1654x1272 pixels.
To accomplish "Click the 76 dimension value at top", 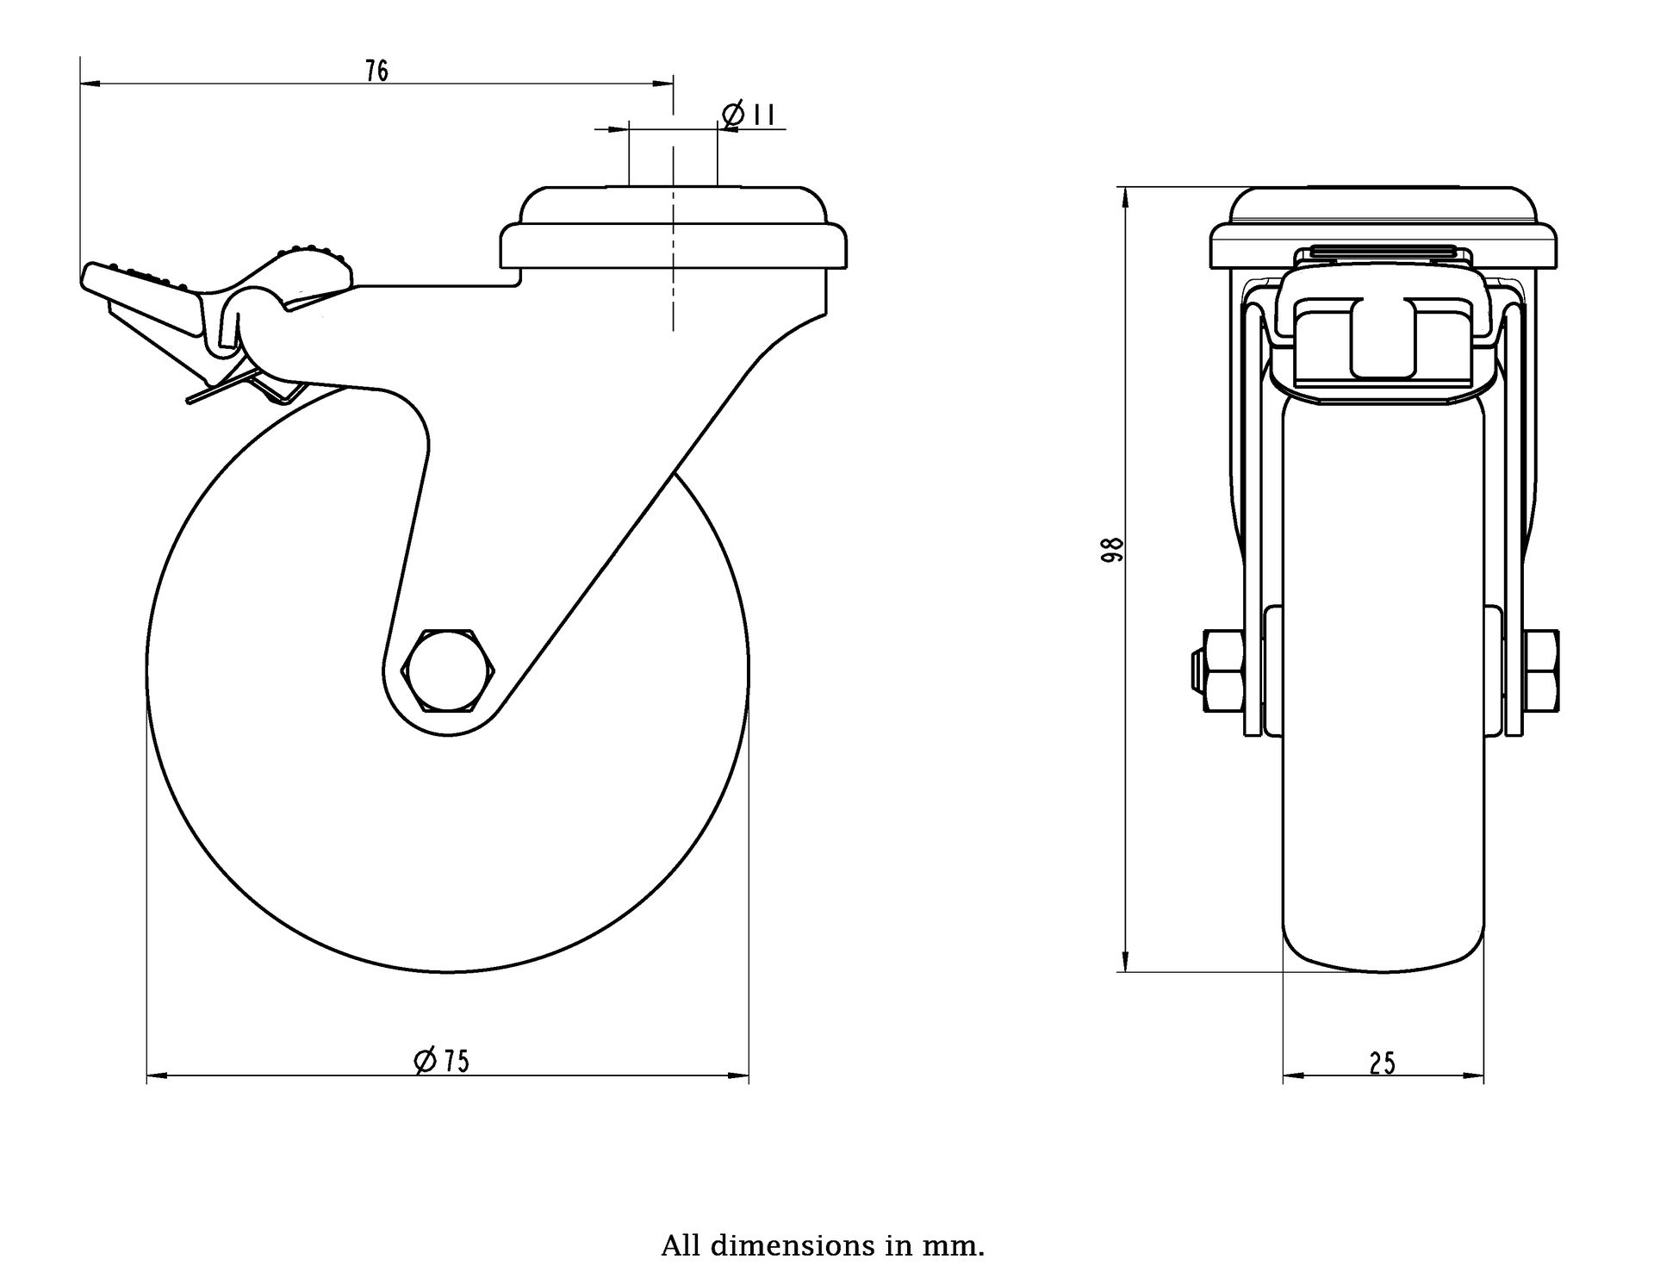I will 376,71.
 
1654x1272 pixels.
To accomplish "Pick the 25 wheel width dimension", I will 1382,1064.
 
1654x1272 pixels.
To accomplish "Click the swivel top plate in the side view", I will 675,228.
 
